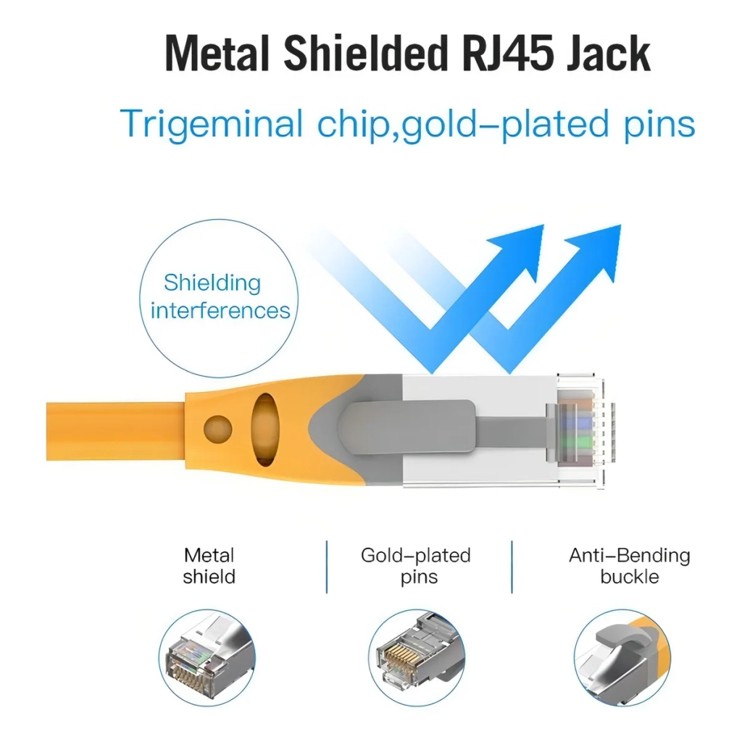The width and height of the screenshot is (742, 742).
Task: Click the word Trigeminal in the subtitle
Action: (212, 124)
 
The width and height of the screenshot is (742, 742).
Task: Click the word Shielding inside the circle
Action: (212, 283)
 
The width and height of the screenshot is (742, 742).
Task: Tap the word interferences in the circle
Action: (220, 311)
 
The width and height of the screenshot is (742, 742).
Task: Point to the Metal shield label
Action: (209, 566)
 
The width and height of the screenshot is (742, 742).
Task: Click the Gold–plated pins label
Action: (416, 566)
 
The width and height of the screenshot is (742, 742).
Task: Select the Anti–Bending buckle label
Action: (629, 566)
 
